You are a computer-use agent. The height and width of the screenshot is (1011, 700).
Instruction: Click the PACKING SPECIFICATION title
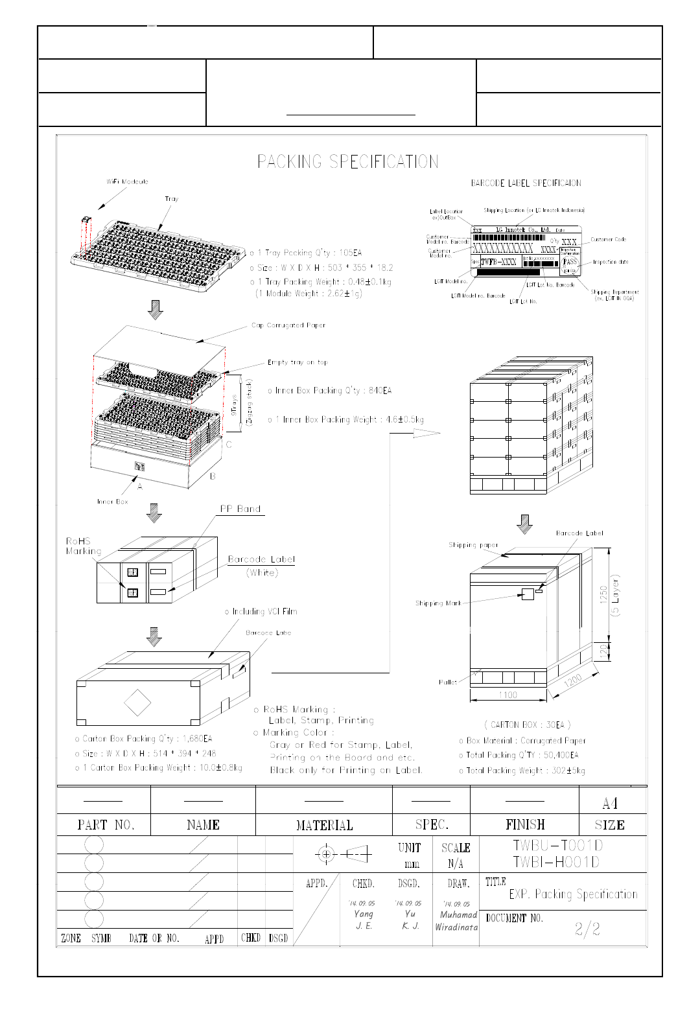coord(347,161)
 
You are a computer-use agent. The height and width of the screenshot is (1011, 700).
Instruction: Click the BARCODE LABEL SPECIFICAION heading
coord(526,183)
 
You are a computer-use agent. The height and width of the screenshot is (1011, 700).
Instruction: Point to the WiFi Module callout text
coord(127,181)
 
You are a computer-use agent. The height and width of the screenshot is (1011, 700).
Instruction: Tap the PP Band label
coord(240,509)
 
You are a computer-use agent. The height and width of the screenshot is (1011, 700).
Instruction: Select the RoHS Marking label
coord(83,546)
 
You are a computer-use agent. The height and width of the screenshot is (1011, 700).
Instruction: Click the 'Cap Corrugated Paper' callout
coord(288,325)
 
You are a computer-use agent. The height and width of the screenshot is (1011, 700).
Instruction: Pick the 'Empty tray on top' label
coord(297,362)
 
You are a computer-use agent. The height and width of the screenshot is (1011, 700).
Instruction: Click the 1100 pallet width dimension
coord(507,695)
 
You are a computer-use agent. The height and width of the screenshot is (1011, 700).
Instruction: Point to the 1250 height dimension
coord(604,594)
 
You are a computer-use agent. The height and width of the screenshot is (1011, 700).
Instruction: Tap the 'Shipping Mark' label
coord(438,603)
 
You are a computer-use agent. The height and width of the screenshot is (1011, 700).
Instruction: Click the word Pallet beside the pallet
coord(448,682)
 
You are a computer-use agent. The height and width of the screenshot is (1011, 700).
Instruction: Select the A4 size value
coord(610,804)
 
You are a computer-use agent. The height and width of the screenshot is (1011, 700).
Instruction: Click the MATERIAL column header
coord(324,825)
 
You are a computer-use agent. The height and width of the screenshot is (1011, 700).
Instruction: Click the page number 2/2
coord(587,929)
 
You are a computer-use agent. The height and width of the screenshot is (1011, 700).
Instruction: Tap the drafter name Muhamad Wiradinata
coord(456,921)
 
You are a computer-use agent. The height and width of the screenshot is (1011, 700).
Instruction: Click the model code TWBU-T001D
coord(557,845)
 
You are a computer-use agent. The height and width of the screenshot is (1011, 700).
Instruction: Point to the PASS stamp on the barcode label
coord(569,262)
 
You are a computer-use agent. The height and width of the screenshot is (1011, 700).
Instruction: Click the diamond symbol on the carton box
coord(137,703)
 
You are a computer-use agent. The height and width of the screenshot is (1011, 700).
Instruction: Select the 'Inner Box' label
coord(113,502)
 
